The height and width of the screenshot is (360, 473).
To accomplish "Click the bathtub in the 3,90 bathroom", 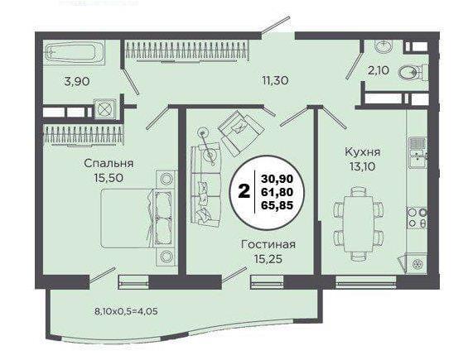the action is coord(75,53).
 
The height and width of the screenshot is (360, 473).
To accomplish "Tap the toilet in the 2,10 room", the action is coord(413,73).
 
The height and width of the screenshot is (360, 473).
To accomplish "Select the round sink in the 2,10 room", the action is coord(383,46).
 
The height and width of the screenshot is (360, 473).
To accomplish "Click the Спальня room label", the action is coord(109,163).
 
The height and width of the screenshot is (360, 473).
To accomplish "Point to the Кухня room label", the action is coord(363,151).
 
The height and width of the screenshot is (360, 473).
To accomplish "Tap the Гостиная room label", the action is coord(268,244).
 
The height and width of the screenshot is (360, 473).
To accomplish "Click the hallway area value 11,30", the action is coord(275,80).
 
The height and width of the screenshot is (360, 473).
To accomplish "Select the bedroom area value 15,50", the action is coord(109,178).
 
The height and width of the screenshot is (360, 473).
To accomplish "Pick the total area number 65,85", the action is coord(278,205).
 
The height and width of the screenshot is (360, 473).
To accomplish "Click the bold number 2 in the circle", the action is coord(244,191).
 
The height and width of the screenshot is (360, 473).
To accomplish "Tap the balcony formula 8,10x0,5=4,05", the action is coord(126,311).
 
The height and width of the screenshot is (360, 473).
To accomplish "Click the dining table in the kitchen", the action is coord(359,223).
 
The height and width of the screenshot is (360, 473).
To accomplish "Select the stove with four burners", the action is coord(417,218).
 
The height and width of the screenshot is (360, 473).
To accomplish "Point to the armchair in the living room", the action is coord(241,132).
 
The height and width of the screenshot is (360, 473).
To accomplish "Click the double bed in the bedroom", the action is coord(138,218).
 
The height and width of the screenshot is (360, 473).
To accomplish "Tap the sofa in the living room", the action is coord(205,186).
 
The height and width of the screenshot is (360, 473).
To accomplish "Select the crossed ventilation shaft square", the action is coord(104,108).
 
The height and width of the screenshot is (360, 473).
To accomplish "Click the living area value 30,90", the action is coord(278,179).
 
